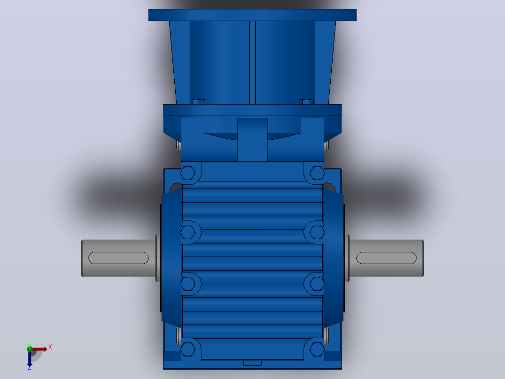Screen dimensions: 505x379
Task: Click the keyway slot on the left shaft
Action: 118,258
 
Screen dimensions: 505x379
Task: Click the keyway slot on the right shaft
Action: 386,258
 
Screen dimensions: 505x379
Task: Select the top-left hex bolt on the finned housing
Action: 187,173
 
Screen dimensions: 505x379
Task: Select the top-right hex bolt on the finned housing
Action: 317,173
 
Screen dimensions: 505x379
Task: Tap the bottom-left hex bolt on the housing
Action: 187,349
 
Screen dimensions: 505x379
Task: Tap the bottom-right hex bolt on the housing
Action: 317,349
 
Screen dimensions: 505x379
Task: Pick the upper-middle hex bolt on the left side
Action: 187,232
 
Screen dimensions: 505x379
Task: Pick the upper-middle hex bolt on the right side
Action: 317,232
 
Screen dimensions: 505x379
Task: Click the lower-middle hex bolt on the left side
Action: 187,283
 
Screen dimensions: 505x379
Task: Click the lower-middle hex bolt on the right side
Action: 317,283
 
